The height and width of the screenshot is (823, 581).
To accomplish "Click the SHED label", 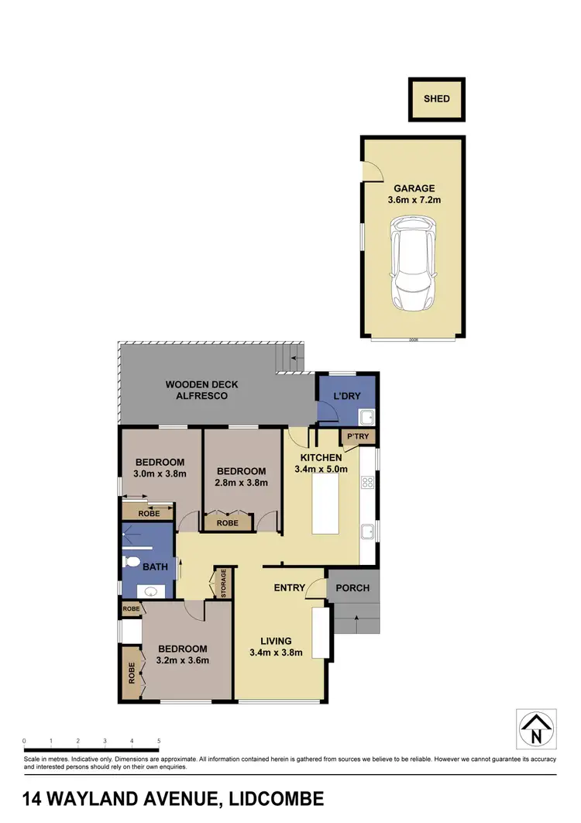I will pos(436,99).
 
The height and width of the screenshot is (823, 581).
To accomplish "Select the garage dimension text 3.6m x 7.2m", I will pos(414,200).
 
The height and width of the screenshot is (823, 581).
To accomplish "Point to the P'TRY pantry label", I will pos(358,438).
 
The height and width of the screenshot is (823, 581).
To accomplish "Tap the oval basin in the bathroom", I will pos(150,591).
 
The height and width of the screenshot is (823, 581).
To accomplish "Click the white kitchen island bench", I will pos(326,504).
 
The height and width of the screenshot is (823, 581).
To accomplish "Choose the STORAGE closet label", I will pos(224,582).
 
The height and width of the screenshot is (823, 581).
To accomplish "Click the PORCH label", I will pos(353,587).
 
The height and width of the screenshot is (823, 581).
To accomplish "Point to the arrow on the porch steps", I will pos(356,618).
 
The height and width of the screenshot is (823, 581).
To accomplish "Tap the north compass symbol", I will pos(536,729).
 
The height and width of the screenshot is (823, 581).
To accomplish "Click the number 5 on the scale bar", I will pos(159,741).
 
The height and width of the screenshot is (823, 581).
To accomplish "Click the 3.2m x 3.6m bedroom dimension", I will pos(183,661).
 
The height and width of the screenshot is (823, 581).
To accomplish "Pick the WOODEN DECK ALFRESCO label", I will pos(201,390).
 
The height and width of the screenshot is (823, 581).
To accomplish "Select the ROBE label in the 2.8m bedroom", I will pos(227,523).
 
